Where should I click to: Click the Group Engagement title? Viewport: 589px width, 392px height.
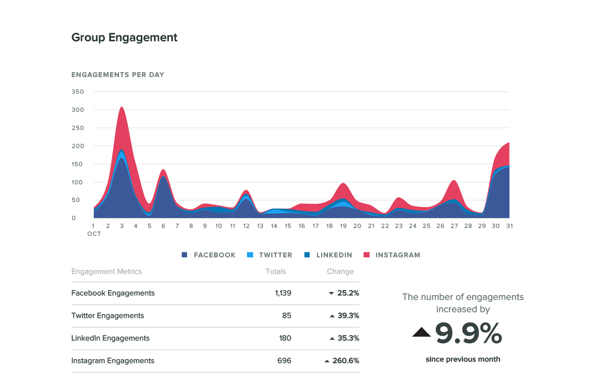[124, 37]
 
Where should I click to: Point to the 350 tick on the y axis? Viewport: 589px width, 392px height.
[78, 92]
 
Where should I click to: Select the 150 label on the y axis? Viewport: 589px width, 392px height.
[78, 164]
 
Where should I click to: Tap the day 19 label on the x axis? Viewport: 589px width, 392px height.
[343, 226]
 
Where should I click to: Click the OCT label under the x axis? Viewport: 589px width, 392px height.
[94, 234]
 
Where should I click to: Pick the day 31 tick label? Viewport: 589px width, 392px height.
[509, 226]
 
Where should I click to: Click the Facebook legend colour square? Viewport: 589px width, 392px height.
[185, 255]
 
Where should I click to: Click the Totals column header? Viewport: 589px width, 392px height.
[275, 271]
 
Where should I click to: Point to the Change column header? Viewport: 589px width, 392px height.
[340, 271]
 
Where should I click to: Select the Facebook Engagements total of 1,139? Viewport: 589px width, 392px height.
[283, 293]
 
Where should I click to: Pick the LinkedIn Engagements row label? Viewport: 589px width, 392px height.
[110, 338]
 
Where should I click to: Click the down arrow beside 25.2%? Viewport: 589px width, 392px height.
[332, 294]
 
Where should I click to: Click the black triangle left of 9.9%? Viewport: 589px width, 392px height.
[421, 333]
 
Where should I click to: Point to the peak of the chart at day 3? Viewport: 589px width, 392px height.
[121, 107]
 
